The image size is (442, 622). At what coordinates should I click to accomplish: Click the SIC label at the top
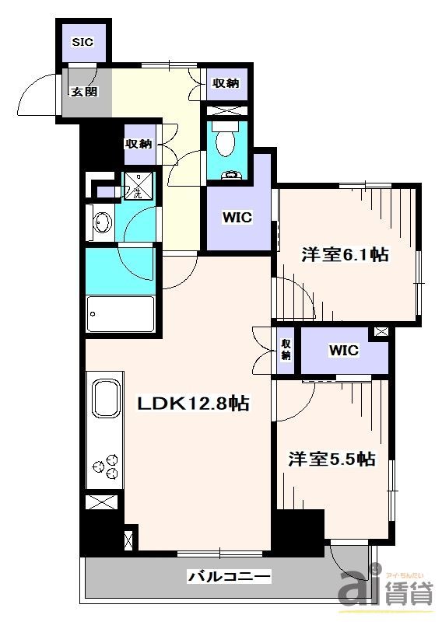click(x=82, y=42)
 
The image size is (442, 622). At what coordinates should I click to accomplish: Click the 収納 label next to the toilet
click(x=224, y=83)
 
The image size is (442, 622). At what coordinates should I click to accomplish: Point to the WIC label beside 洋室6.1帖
click(x=238, y=218)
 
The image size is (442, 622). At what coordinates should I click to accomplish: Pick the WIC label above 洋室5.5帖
click(x=344, y=351)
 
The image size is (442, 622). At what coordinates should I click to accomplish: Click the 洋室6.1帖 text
click(x=346, y=255)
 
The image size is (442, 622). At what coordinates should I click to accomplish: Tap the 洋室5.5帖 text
click(x=334, y=460)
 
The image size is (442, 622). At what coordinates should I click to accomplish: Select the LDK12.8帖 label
click(x=193, y=404)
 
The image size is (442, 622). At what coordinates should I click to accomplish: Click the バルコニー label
click(x=229, y=576)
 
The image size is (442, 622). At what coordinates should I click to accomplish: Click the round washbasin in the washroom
click(x=101, y=224)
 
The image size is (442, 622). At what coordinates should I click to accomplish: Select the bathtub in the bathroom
click(x=120, y=314)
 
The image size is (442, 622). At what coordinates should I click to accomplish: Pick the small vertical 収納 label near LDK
click(x=286, y=350)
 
